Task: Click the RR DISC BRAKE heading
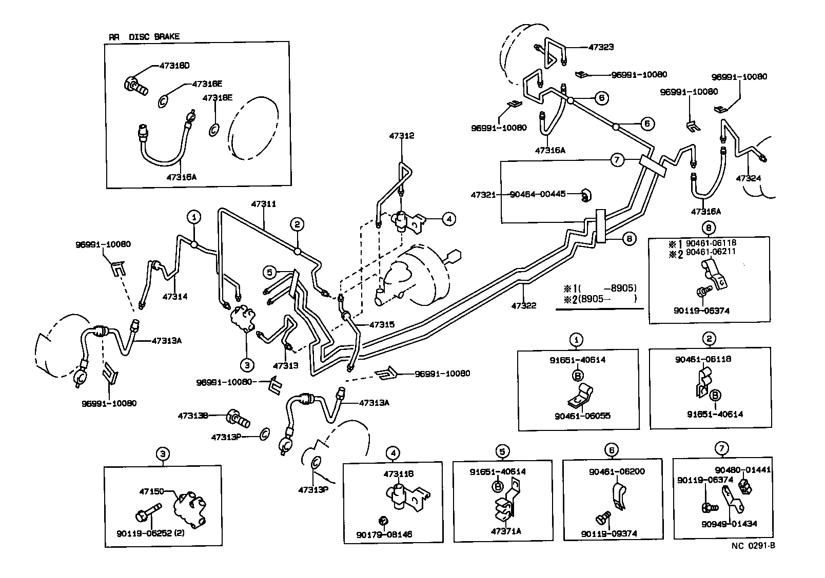144,37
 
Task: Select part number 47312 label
401,136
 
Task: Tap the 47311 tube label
264,204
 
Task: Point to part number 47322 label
524,306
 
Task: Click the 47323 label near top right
601,47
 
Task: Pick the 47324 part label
749,178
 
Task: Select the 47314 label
175,296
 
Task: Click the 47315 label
382,324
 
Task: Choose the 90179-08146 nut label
384,534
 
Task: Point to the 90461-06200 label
614,471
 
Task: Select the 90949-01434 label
729,524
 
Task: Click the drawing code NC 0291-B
753,545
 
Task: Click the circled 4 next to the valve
448,219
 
